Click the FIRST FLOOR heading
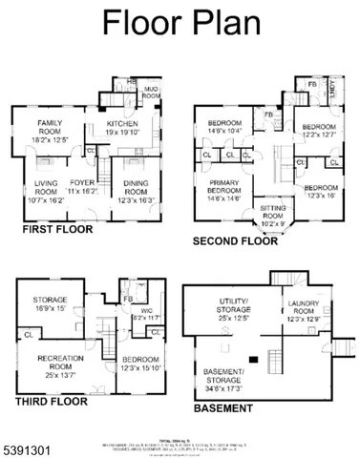pos(58,230)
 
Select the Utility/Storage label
pos(231,311)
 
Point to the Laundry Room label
pos(303,311)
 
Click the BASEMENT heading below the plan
pos(223,407)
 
